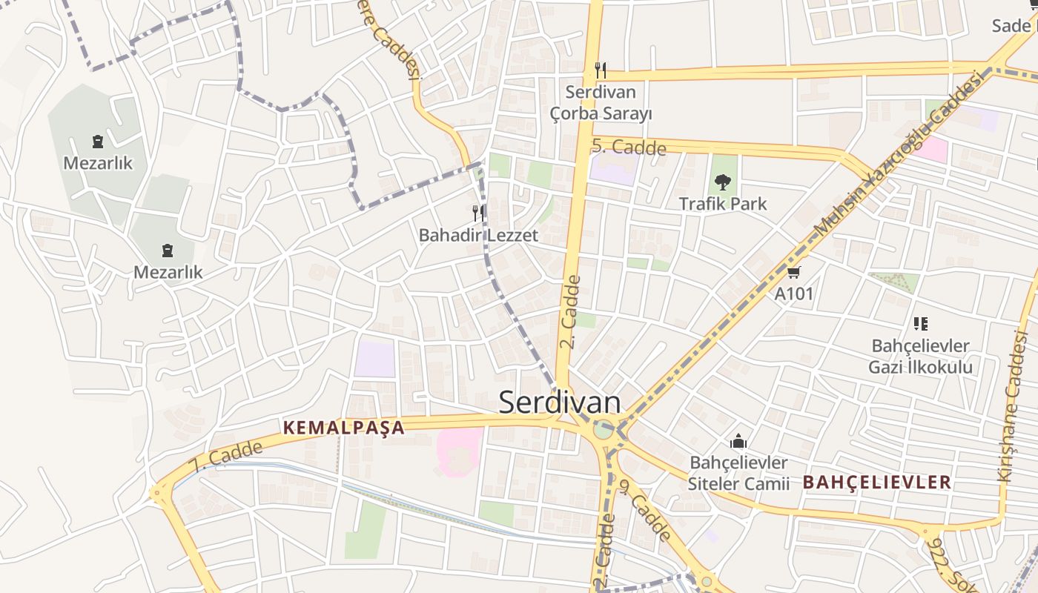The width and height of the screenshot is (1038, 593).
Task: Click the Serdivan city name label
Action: tap(560, 402)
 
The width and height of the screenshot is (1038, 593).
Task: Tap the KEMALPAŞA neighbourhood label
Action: tap(344, 428)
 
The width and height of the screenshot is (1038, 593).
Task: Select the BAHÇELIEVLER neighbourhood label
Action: tap(877, 482)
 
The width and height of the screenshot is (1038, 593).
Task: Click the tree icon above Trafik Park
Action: tap(722, 182)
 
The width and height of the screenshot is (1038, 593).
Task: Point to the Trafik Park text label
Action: tap(723, 204)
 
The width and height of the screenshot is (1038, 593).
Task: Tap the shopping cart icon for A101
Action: tap(794, 273)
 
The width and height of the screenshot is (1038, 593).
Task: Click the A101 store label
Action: tap(794, 294)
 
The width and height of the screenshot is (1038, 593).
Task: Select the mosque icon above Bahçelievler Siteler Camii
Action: tap(738, 442)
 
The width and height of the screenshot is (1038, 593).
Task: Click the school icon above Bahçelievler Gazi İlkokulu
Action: tap(921, 323)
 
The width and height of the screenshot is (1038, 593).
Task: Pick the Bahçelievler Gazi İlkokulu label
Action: tap(921, 357)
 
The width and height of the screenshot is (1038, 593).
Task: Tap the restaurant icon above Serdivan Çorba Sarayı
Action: tap(601, 71)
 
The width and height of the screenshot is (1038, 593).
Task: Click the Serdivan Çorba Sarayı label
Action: tap(601, 103)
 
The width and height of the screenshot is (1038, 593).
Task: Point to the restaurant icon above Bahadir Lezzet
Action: tap(478, 213)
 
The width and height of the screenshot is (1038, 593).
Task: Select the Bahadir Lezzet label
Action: tap(478, 236)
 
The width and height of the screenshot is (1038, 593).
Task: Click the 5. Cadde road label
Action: tap(629, 147)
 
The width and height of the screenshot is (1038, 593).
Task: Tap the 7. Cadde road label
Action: tap(226, 457)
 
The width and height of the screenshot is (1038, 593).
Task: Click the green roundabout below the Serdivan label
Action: tap(604, 428)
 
